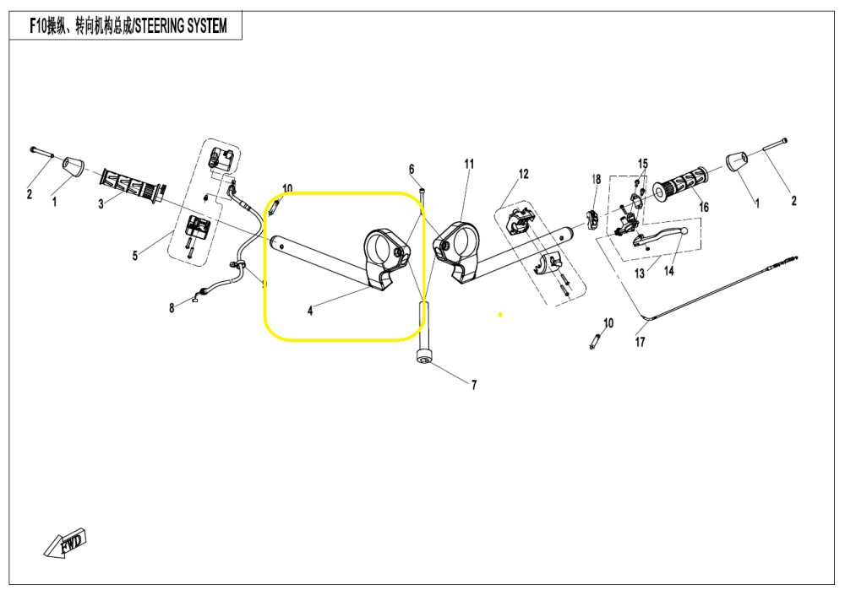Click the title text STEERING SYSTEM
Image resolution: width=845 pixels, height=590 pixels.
pyautogui.click(x=178, y=26)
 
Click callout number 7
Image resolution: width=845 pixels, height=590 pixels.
pyautogui.click(x=473, y=385)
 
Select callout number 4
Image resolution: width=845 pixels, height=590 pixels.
pyautogui.click(x=310, y=311)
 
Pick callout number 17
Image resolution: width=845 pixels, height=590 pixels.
pyautogui.click(x=640, y=342)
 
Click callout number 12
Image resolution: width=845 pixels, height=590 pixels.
pyautogui.click(x=523, y=174)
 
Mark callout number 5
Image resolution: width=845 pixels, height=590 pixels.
pyautogui.click(x=134, y=256)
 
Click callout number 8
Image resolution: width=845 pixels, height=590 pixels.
pyautogui.click(x=172, y=308)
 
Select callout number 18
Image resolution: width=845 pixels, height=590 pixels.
pyautogui.click(x=596, y=179)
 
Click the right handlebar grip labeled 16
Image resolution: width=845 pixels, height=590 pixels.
pyautogui.click(x=681, y=184)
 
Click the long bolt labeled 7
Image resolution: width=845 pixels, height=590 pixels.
pyautogui.click(x=422, y=333)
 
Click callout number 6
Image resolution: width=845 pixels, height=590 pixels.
pyautogui.click(x=412, y=168)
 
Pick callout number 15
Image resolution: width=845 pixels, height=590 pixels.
pyautogui.click(x=643, y=163)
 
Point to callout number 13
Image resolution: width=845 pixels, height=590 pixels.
pyautogui.click(x=639, y=273)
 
